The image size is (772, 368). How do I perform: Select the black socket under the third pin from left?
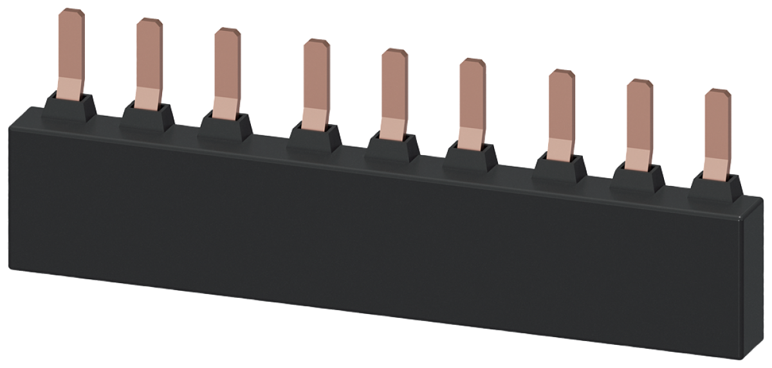pyautogui.click(x=225, y=127)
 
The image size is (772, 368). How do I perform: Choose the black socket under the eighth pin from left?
pyautogui.click(x=639, y=174)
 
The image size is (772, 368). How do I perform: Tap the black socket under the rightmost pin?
pyautogui.click(x=717, y=183)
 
